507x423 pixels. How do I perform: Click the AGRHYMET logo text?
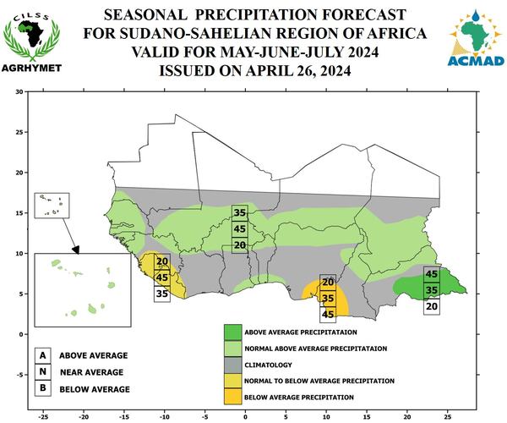coord(31,68)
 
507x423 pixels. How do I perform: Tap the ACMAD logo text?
coord(476,61)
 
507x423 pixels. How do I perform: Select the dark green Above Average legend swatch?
coord(233,332)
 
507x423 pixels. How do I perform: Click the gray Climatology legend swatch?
coord(233,365)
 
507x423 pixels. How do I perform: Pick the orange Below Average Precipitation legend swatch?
coord(233,397)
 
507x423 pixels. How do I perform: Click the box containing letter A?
coord(43,355)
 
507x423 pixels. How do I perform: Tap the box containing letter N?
coord(43,372)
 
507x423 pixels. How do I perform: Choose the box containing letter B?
coord(43,388)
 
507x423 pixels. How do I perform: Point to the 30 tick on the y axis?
coord(19,92)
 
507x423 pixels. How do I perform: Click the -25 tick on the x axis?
coord(43,417)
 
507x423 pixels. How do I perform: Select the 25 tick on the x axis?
coord(448,417)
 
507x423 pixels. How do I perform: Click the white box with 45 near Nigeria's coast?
coord(328,315)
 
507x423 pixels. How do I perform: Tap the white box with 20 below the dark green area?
coord(432,306)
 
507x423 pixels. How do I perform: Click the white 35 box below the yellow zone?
coord(162,294)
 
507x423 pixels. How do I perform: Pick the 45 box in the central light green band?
coord(240,229)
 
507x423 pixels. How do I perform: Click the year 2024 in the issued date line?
coord(335,70)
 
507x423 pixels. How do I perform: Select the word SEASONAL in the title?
coord(145,14)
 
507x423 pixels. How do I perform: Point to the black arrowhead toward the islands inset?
coord(76,250)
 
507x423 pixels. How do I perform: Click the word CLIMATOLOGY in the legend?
coord(268,365)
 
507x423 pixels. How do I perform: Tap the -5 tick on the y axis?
coord(20,375)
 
